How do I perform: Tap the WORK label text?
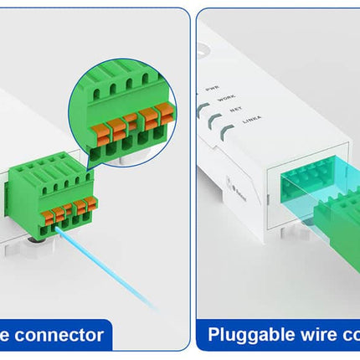click(225, 99)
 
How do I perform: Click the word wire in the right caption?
click(306, 336)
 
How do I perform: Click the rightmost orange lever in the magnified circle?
click(168, 111)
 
